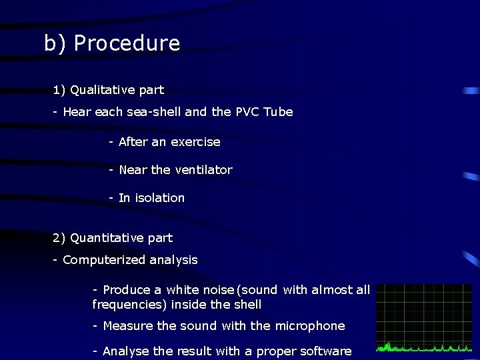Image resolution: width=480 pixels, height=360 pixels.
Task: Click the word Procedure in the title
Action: coord(127,43)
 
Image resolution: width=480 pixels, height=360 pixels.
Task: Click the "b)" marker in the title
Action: coord(56,43)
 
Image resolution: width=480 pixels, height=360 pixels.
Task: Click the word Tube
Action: coord(278,112)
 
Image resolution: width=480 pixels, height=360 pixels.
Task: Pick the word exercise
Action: coord(195,142)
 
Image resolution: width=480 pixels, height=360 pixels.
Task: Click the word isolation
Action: coord(160,198)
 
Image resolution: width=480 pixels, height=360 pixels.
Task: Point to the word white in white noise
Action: coord(182,290)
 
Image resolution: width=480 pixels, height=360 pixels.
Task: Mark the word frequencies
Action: coord(129,305)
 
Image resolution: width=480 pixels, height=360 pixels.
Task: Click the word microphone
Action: coord(311,326)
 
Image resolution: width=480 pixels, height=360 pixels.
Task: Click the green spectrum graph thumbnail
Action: coord(423,318)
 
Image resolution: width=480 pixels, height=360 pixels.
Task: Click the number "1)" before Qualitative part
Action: coord(59,90)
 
